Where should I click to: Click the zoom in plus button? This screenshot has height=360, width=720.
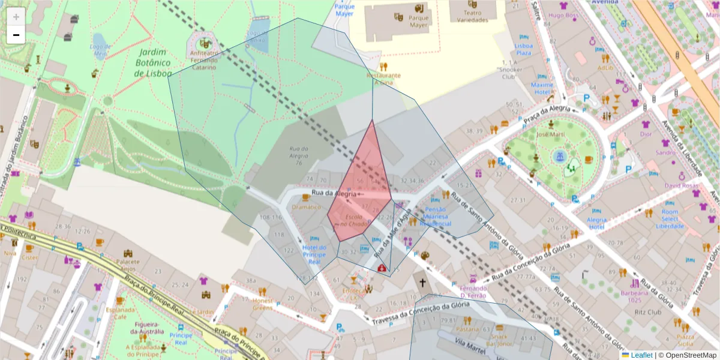coord(16,17)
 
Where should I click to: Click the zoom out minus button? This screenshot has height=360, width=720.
coord(16,35)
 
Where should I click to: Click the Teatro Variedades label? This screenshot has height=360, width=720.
coord(472,16)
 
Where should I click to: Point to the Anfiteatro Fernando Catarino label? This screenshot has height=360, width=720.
coord(204,60)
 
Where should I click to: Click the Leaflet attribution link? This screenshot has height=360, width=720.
coord(641,355)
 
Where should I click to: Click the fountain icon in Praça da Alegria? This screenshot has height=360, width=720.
coord(560,156)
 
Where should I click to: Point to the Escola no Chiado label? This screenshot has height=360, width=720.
coord(354,220)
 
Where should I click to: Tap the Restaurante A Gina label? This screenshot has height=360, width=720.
coord(383,79)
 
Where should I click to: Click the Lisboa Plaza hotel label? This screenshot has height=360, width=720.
coord(524,49)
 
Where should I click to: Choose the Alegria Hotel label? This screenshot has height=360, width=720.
coord(596,223)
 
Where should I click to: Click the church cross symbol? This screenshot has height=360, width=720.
coord(422,282)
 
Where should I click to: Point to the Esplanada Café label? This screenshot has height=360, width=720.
coord(120,313)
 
